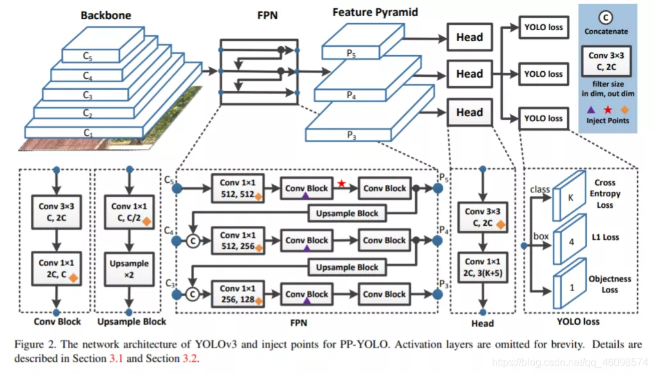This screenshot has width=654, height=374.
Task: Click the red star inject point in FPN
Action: [x=341, y=183]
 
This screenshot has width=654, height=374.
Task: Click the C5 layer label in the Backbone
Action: [x=88, y=56]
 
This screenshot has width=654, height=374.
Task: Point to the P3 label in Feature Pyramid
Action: [x=351, y=134]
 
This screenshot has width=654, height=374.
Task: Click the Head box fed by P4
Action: [x=469, y=74]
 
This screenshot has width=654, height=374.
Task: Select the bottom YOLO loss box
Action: [x=543, y=118]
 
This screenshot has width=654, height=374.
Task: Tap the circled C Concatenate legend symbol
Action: [x=606, y=17]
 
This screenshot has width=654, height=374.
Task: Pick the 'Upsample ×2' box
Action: [x=129, y=269]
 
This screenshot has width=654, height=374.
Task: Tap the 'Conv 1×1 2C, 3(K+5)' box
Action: [x=484, y=268]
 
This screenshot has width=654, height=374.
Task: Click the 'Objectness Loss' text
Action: [x=610, y=284]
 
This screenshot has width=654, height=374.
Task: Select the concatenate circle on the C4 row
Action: [x=191, y=242]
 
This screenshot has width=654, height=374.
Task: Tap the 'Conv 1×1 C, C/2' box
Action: [x=129, y=212]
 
